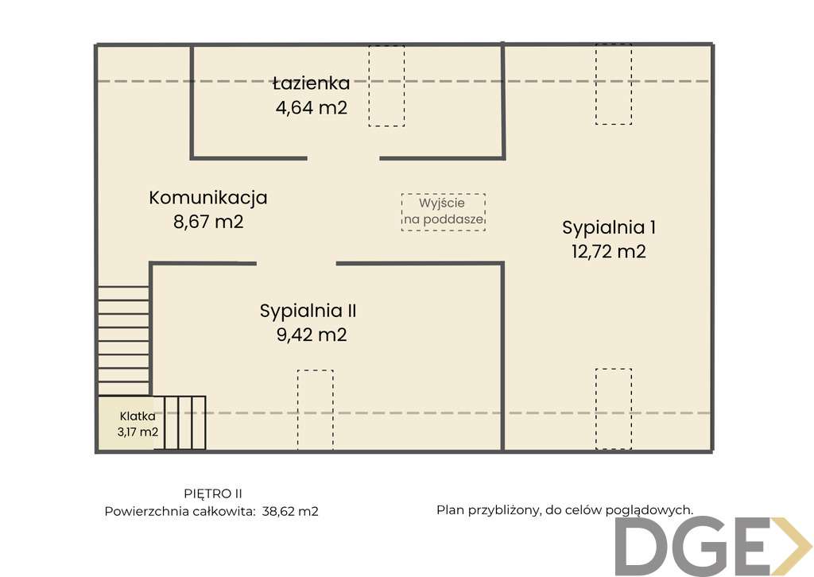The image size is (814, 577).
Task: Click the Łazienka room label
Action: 310,83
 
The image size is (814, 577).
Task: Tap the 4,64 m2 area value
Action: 312,106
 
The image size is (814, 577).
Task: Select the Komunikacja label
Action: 208,198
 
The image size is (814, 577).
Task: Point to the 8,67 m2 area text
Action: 208,222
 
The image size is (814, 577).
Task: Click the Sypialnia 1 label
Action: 609,227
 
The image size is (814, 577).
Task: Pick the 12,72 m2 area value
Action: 609,251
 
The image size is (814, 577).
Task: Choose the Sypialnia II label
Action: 313,311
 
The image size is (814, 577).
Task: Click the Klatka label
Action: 138,416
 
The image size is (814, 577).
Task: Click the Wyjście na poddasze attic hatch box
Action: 443,212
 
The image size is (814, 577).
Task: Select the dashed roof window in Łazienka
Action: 386,86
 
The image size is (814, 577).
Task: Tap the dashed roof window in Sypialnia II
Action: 316,410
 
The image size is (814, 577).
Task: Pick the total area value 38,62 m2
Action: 290,512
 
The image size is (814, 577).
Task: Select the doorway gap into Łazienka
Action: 343,158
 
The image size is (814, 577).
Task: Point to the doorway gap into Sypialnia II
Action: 296,263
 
